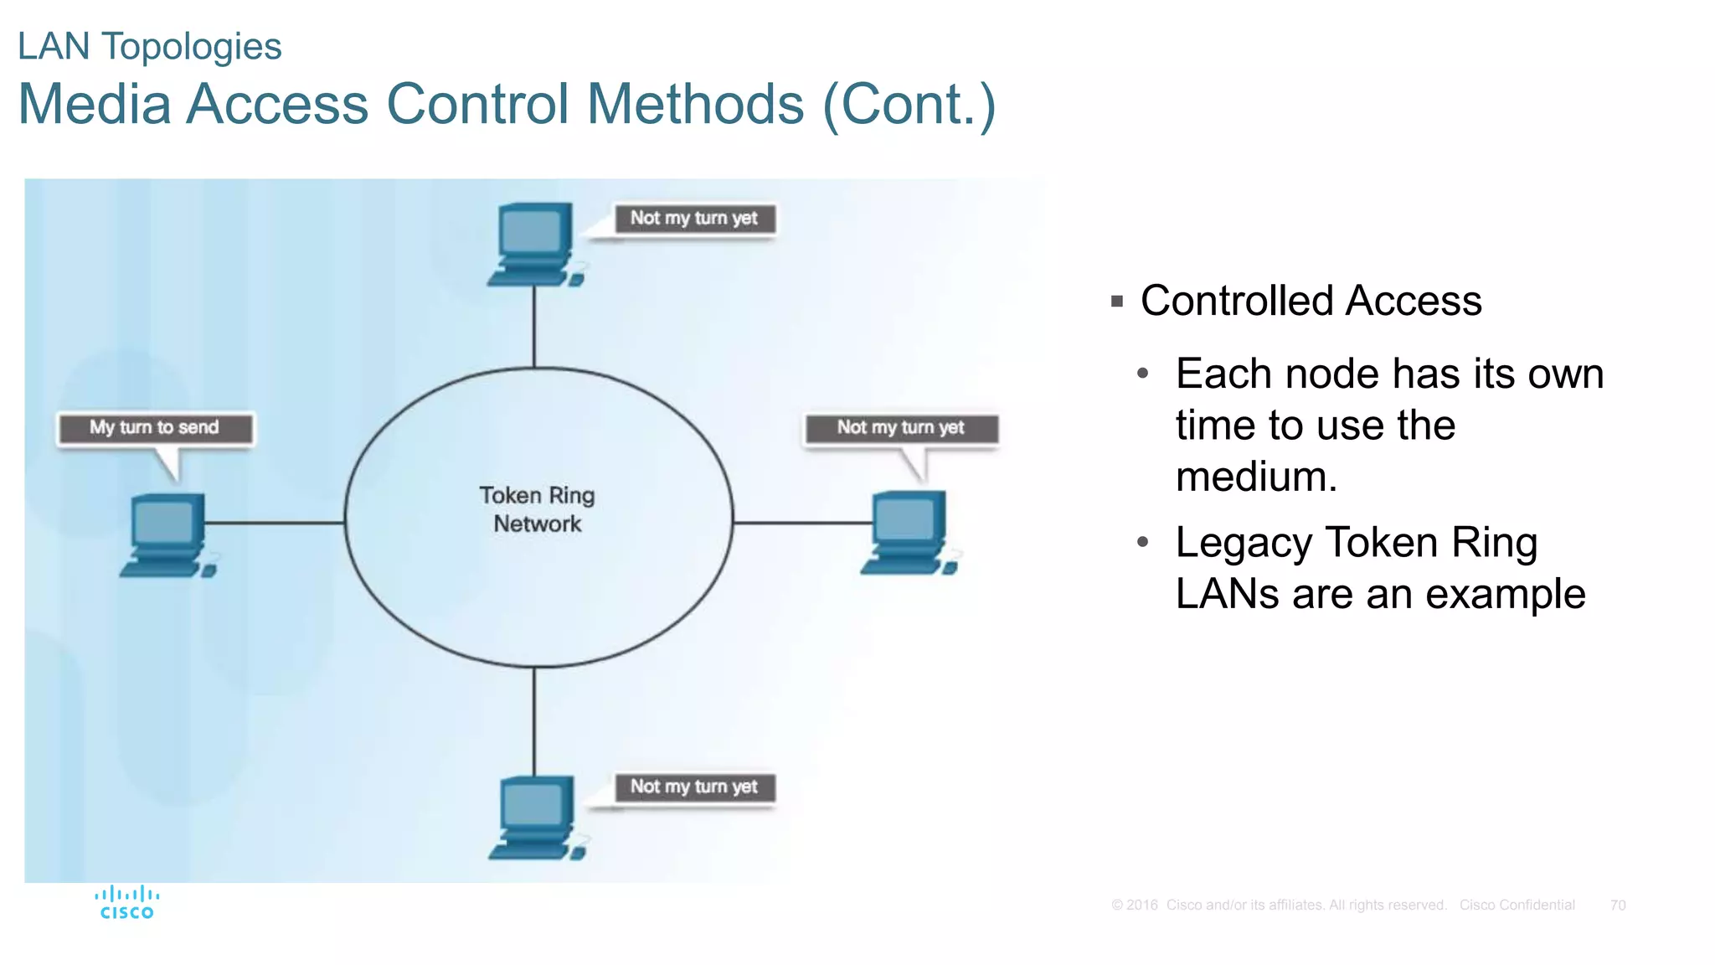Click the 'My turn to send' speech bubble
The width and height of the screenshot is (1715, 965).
(x=155, y=428)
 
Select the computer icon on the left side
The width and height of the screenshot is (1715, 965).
(x=168, y=534)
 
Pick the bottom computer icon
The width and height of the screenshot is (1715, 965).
(x=537, y=817)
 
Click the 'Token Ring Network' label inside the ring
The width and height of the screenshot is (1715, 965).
(x=537, y=509)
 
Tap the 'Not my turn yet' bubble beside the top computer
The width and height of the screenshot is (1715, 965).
(x=693, y=219)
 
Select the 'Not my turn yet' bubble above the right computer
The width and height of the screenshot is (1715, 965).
(x=901, y=428)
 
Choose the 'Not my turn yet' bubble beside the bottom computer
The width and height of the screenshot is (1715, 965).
(x=693, y=787)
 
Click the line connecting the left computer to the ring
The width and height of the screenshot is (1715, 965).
(x=275, y=523)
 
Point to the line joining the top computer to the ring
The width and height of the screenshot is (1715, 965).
(x=534, y=327)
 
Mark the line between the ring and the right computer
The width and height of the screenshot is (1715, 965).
(x=802, y=523)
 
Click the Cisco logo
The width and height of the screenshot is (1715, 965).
(x=127, y=903)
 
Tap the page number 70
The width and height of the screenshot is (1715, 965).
(x=1617, y=906)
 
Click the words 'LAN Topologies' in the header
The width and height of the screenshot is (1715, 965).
(x=150, y=47)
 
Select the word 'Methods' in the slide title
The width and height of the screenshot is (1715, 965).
(x=695, y=105)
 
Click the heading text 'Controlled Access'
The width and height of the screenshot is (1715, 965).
(x=1311, y=301)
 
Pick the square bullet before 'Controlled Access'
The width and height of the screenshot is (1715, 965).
(x=1116, y=302)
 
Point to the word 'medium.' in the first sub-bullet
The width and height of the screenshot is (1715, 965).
(x=1256, y=477)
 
